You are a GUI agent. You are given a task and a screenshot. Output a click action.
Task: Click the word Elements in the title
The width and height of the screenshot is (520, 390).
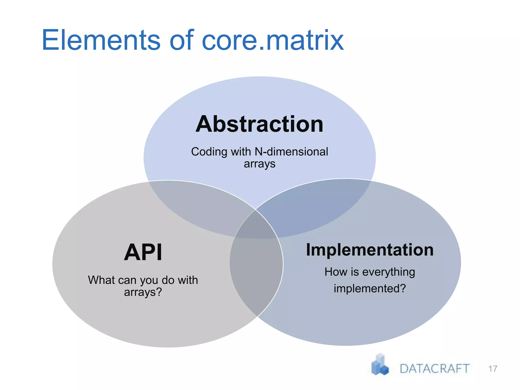pyautogui.click(x=101, y=40)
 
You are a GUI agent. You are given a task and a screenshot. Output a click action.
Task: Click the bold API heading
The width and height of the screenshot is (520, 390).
pyautogui.click(x=143, y=252)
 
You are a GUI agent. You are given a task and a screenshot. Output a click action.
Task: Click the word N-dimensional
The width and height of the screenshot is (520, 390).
pyautogui.click(x=291, y=152)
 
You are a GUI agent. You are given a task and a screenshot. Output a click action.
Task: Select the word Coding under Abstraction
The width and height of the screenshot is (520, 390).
pyautogui.click(x=209, y=152)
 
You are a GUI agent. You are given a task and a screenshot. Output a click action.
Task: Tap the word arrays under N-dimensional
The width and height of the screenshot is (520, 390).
pyautogui.click(x=259, y=164)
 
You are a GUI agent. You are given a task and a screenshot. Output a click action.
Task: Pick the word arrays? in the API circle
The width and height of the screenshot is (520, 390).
pyautogui.click(x=143, y=292)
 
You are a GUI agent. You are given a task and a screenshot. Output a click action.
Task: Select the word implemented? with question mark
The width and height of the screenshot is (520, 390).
pyautogui.click(x=370, y=288)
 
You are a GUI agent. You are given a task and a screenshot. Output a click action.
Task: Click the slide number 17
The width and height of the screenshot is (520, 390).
pyautogui.click(x=493, y=369)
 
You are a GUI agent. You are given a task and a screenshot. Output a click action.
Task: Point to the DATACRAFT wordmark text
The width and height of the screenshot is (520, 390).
pyautogui.click(x=434, y=369)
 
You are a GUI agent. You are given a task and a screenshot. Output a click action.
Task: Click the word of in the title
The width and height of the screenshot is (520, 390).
pyautogui.click(x=181, y=40)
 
